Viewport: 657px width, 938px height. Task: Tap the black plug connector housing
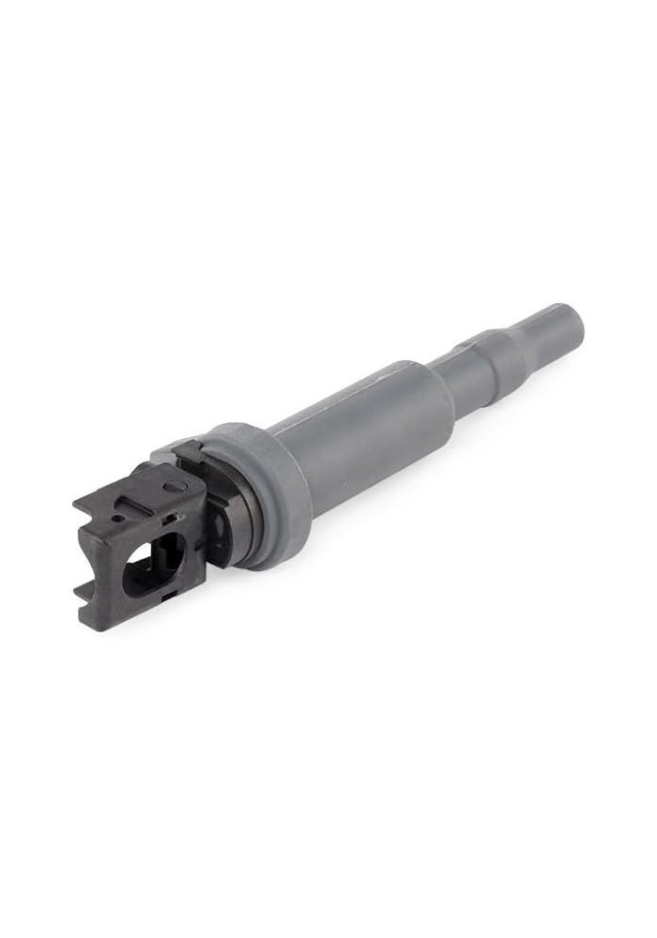(141, 535)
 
